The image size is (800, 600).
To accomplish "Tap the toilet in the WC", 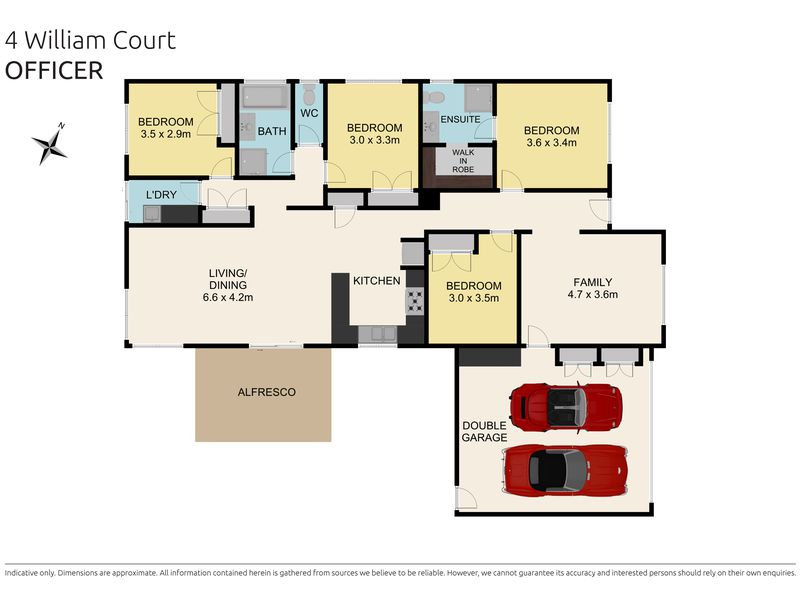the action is pos(309,95).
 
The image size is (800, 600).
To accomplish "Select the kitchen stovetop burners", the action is pos(414,301).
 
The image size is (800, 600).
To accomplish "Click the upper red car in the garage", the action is pos(566,408).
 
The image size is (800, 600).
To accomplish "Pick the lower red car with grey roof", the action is pos(565,469).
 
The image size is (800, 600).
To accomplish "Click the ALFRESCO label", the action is pos(266,392).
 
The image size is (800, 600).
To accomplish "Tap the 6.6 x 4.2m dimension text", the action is pos(228,297).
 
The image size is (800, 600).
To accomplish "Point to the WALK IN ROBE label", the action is pos(463,161).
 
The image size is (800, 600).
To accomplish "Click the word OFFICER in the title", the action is pos(54,71).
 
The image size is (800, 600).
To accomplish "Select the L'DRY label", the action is pos(161,195).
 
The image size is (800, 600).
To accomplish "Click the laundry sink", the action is pos(152,214).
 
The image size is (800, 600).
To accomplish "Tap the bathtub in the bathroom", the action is pos(265,96).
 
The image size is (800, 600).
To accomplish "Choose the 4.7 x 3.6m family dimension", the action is pos(592,294).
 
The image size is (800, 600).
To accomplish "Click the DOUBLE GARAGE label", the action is pos(484,432).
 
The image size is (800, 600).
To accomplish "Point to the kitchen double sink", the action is pos(378,334).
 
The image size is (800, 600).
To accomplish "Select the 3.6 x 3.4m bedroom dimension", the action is pos(552,143).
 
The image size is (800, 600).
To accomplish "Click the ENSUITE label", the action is pos(460,119).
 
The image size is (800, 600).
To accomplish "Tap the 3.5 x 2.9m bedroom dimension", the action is pos(166,134).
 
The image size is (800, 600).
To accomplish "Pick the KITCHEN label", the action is pos(377,281).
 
